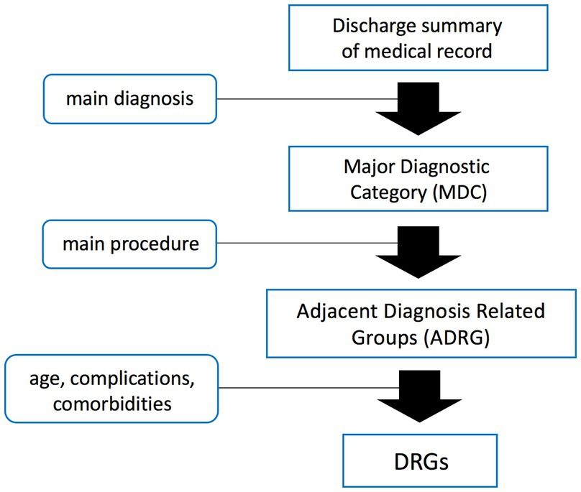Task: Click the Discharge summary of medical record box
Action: pyautogui.click(x=417, y=40)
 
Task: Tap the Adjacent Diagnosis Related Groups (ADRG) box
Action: pyautogui.click(x=421, y=323)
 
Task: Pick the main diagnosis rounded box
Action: pyautogui.click(x=130, y=98)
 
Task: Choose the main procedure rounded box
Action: pyautogui.click(x=130, y=243)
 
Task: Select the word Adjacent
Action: pyautogui.click(x=330, y=311)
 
